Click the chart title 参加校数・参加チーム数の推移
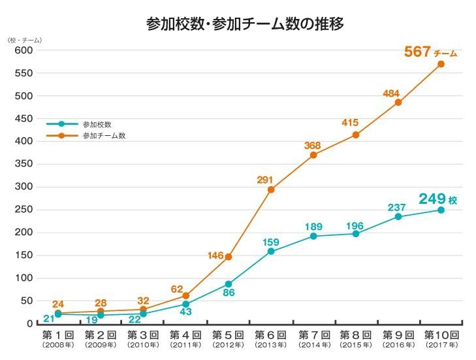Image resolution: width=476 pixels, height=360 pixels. pos(245,24)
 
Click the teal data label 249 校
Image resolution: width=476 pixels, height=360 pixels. pos(437,199)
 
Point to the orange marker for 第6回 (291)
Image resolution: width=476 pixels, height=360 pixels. pos(271,189)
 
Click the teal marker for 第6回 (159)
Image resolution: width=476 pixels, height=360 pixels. pos(271,251)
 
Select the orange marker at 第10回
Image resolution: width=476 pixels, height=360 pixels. pos(441,64)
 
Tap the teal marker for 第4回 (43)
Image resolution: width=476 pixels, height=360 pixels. pos(185,304)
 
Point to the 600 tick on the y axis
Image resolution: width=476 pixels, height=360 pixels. pos(24,51)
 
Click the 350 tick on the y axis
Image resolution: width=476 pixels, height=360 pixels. pos(24,164)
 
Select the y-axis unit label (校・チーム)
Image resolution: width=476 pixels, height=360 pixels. pos(24,40)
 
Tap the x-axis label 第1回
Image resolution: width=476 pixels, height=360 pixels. pos(57,334)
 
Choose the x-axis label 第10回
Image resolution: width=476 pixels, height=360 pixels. pos(441,334)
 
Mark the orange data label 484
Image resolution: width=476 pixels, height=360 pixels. pos(391,93)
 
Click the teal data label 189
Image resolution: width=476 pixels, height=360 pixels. pos(313,226)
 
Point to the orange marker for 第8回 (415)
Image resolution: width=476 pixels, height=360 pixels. pos(356,135)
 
